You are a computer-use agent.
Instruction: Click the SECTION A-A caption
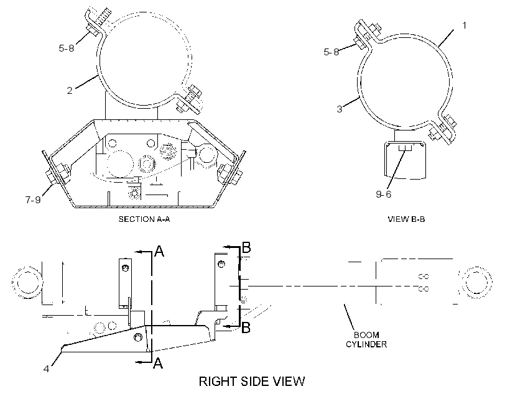tap(144, 219)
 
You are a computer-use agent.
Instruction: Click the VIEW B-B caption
tap(406, 219)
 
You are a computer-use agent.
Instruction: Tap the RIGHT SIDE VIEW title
tap(252, 382)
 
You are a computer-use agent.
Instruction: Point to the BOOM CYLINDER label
tap(366, 340)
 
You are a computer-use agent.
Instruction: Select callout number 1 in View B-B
tap(464, 25)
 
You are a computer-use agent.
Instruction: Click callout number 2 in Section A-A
tap(69, 90)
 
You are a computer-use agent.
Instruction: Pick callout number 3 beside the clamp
tap(339, 109)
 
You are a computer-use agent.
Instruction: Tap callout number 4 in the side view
tap(46, 369)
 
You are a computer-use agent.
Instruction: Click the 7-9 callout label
tap(33, 199)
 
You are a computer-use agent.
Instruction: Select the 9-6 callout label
tap(384, 194)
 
